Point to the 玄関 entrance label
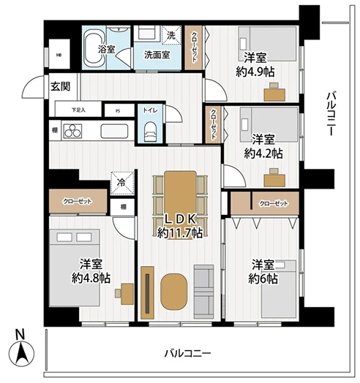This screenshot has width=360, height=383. click(x=60, y=86)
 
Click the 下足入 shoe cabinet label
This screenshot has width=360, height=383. click(x=78, y=111)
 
